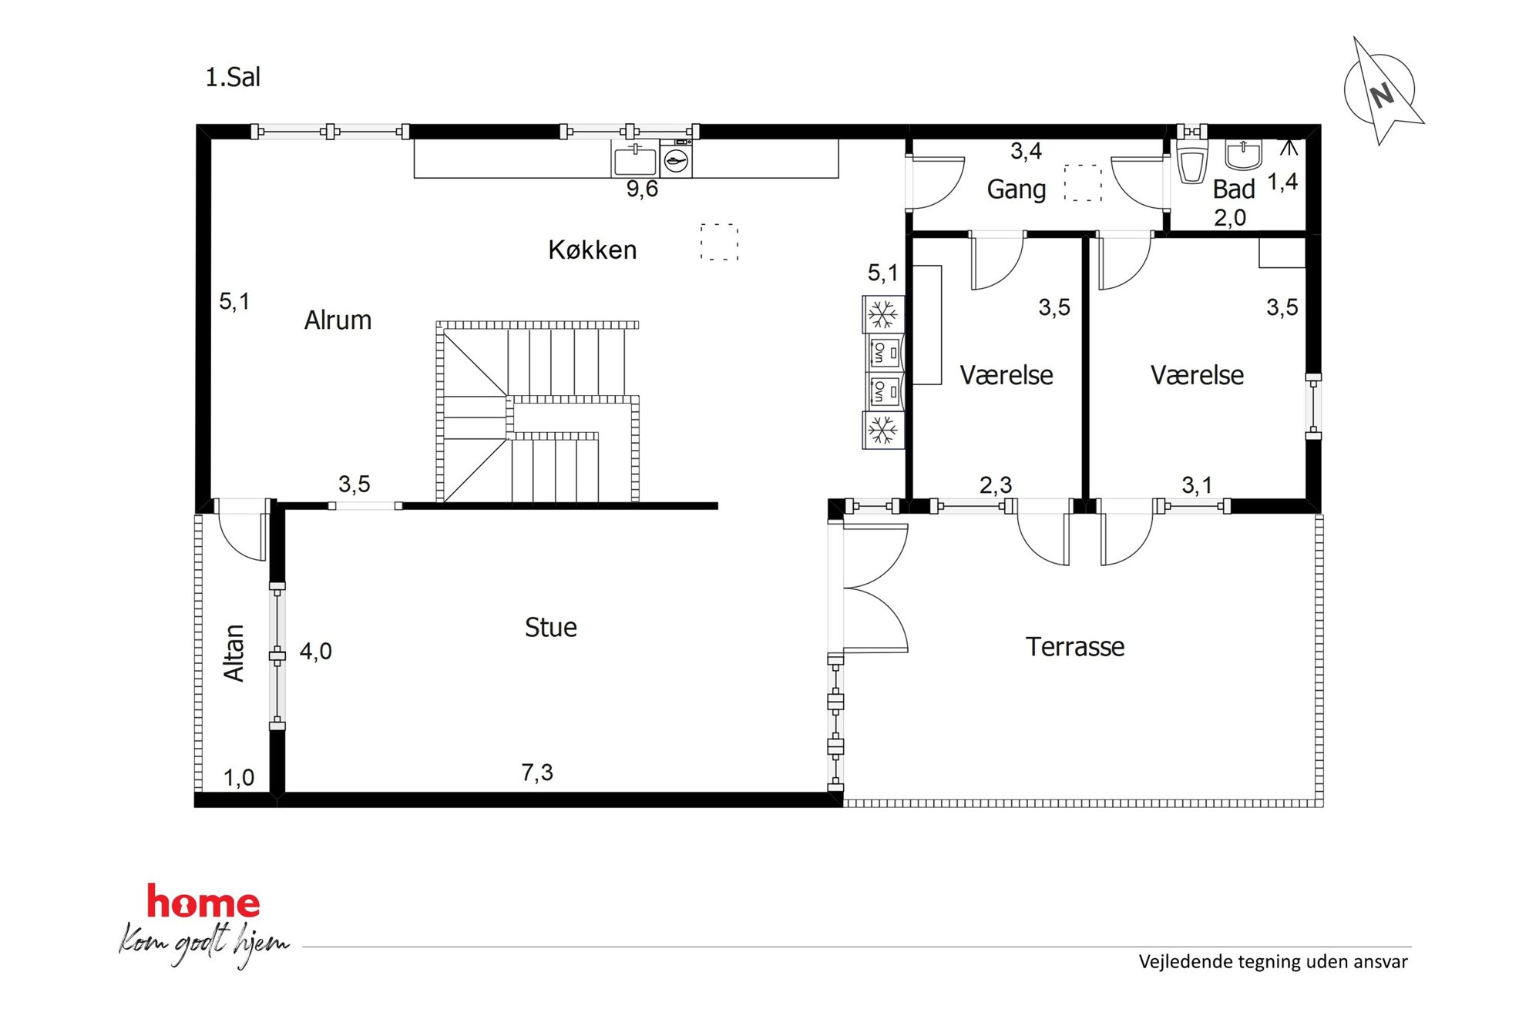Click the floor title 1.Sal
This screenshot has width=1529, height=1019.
point(233,78)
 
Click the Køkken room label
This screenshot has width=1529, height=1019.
point(592,250)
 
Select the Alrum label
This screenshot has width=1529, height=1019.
point(338,320)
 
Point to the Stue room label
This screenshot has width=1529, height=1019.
point(550,627)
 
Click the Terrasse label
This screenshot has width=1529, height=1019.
point(1074,646)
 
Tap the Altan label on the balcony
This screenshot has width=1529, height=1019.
point(234,652)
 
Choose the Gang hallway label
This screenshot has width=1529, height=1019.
point(1016,189)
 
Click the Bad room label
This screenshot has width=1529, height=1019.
point(1233,189)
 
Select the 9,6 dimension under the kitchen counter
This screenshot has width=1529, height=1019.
point(642,189)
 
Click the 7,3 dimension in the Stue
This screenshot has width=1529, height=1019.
point(537,772)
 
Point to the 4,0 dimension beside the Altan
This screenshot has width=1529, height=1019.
point(315,651)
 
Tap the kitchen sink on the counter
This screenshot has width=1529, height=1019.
point(635,159)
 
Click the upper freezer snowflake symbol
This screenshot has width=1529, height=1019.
point(882,314)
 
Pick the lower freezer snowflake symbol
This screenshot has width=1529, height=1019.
point(882,431)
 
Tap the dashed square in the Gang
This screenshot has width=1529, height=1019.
point(1083,183)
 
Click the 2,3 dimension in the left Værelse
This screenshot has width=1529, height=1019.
point(995,484)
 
